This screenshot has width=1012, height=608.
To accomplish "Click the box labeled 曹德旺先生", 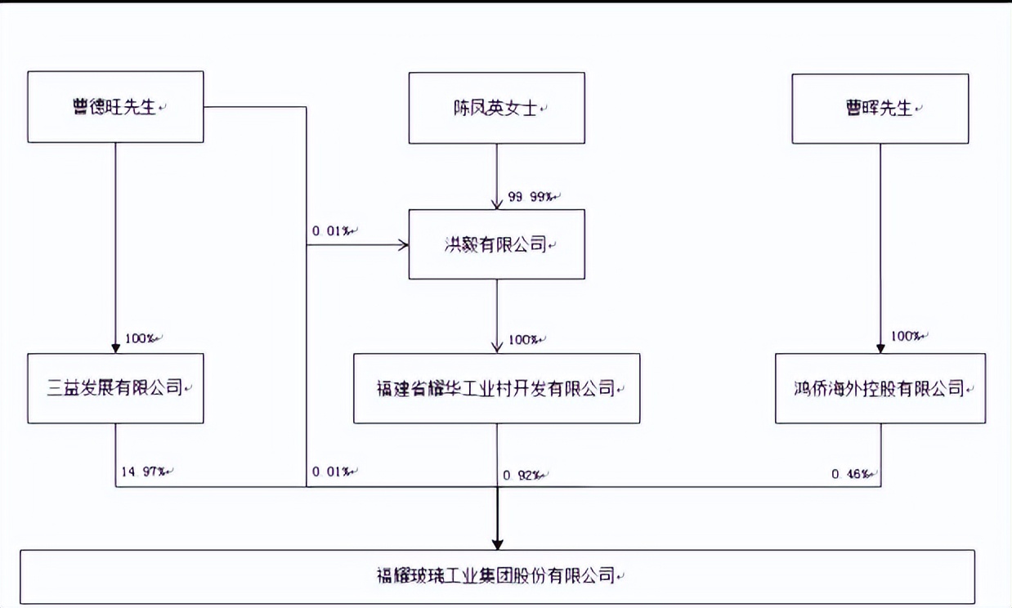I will (115, 107).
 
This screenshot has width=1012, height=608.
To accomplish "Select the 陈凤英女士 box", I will (496, 107).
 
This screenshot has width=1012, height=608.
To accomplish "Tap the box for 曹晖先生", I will (880, 108).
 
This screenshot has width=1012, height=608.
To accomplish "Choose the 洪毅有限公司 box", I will (496, 244).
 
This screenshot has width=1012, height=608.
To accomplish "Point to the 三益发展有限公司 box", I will (115, 388).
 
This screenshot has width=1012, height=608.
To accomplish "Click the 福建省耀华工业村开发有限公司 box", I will (496, 388).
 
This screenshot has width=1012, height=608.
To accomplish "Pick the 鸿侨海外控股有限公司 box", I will (880, 388).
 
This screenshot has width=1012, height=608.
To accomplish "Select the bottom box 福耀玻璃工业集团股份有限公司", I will (497, 576).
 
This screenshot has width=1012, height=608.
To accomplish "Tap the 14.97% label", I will (144, 472).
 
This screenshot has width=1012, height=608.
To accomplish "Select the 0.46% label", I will (852, 473).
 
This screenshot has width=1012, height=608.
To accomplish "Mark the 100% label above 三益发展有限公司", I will (141, 338).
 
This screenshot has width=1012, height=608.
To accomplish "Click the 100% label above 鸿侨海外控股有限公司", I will (906, 336).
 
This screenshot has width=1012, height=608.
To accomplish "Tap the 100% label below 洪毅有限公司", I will (523, 339).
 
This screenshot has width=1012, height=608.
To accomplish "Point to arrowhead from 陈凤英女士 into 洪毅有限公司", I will (497, 203).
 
